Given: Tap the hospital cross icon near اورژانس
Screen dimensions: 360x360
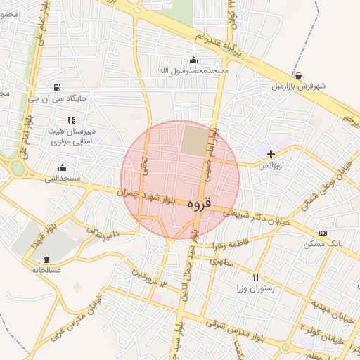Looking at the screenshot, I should (x=271, y=153).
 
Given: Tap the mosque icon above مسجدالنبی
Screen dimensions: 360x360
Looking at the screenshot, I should (x=62, y=167).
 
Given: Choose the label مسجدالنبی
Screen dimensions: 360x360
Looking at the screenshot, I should (x=63, y=179).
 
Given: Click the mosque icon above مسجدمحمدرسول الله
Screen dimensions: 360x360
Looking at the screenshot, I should (x=194, y=60).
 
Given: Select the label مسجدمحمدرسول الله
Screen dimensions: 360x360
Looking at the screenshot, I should (x=194, y=71).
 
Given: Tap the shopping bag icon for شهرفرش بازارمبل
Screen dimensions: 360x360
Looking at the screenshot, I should (x=300, y=75).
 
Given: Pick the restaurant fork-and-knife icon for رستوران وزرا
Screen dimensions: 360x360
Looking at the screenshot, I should (x=255, y=277).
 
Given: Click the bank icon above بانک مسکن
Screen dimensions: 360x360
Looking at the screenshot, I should (x=323, y=233).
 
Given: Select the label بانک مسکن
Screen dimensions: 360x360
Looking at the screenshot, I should (x=323, y=244).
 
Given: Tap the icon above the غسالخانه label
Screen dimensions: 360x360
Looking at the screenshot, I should (x=46, y=259).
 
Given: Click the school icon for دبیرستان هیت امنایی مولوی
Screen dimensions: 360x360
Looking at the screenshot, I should (x=71, y=120).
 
